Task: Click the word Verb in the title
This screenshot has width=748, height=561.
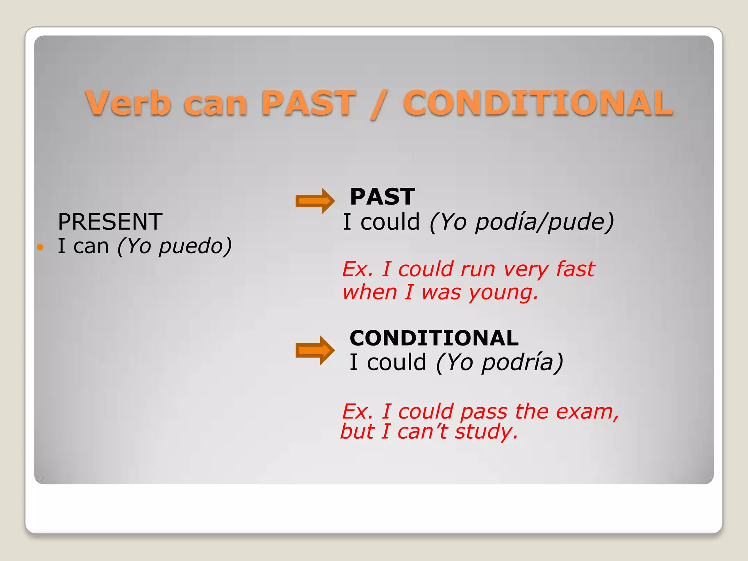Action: [128, 103]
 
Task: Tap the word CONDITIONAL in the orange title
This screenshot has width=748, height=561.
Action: [538, 103]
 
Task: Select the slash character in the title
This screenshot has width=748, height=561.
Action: [379, 104]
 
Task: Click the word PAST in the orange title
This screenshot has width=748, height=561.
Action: [309, 103]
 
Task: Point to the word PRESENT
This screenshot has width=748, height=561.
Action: [110, 222]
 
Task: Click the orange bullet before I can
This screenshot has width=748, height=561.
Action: [41, 247]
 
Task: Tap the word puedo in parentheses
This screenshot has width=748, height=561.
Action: [190, 246]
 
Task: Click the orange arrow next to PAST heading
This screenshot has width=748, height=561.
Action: [315, 201]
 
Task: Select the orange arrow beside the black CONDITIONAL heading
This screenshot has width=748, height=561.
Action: [315, 350]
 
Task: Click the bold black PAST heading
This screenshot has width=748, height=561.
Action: [382, 197]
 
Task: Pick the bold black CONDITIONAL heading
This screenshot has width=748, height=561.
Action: [434, 338]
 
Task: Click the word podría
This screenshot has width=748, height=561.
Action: [518, 362]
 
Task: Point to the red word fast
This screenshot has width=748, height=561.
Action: [576, 269]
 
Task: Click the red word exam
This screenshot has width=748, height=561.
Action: [584, 412]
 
